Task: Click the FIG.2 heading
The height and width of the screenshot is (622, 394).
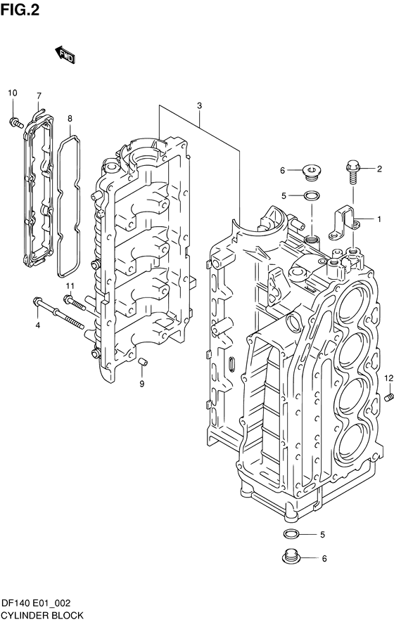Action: pos(20,10)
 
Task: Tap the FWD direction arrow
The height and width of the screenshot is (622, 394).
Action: pos(65,55)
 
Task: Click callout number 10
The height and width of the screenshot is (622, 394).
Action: pos(13,93)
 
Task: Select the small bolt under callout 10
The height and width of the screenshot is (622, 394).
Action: pos(16,122)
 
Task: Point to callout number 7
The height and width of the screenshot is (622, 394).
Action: pos(39,96)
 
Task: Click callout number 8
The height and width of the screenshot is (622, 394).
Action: pos(70,118)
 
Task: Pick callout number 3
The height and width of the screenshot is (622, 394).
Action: pos(199,106)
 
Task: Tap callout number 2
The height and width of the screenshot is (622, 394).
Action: pos(379,169)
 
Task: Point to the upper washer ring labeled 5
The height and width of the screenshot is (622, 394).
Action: pos(310,195)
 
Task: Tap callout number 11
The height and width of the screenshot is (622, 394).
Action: pos(70,285)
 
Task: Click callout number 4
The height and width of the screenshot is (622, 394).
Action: pos(38,325)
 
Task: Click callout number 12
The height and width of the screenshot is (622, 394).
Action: pos(388,377)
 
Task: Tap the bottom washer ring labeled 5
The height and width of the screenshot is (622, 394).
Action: pos(291,533)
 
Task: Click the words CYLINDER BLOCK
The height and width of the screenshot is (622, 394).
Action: pos(42,615)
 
